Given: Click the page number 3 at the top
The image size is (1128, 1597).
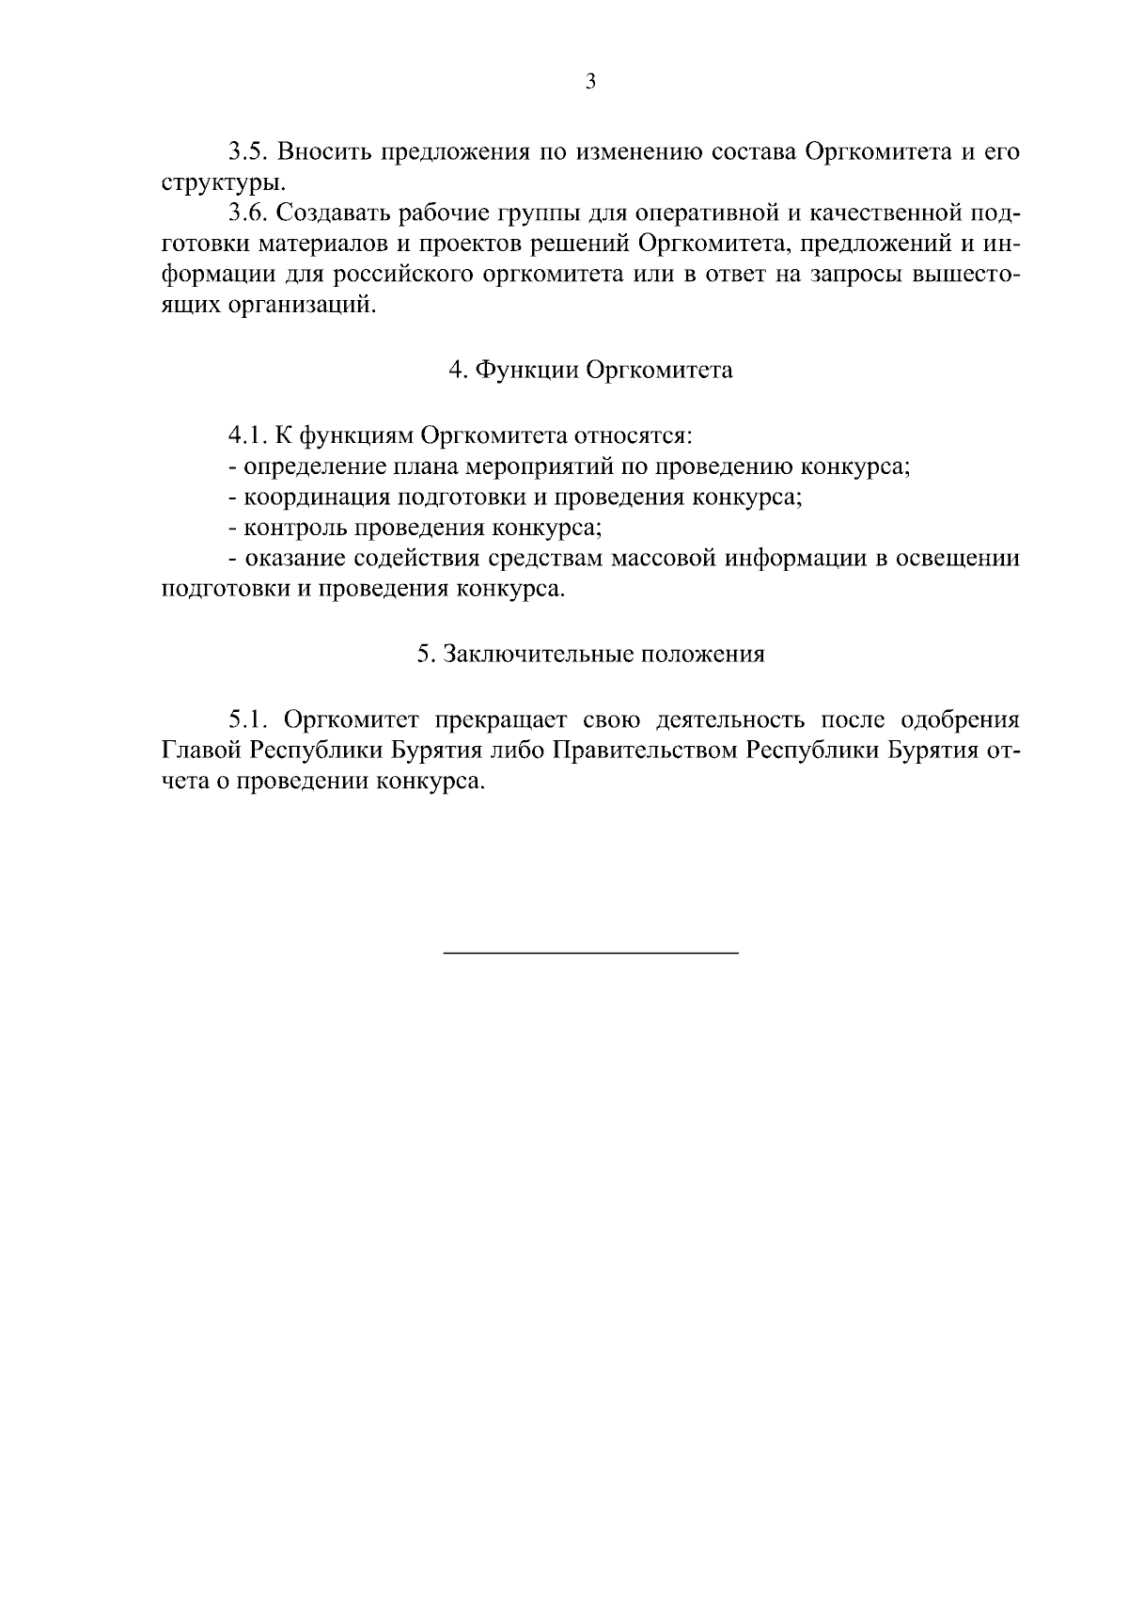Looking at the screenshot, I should click(590, 82).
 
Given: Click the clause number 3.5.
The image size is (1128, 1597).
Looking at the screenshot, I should click(249, 152).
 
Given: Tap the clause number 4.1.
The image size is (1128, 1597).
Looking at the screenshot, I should click(249, 436).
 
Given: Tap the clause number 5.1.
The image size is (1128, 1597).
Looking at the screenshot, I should click(249, 720).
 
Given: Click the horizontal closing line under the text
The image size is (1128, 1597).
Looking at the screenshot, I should click(590, 954).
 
